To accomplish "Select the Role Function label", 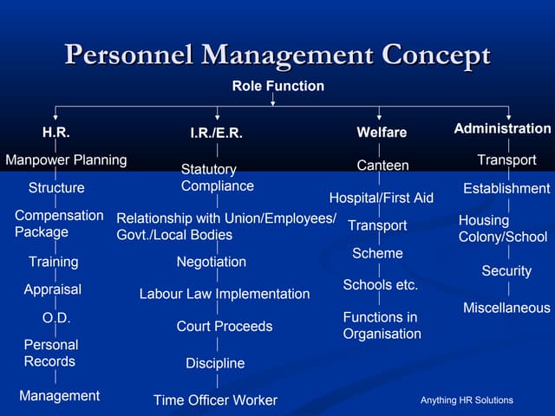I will pyautogui.click(x=277, y=86).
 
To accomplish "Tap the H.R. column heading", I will pyautogui.click(x=56, y=133).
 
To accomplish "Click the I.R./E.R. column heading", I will pyautogui.click(x=216, y=133).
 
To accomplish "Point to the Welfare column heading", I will pyautogui.click(x=382, y=133).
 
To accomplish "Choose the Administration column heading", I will pyautogui.click(x=502, y=128).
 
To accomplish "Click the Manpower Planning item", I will pyautogui.click(x=66, y=160).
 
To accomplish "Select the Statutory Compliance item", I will pyautogui.click(x=217, y=178).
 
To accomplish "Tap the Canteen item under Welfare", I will pyautogui.click(x=382, y=165).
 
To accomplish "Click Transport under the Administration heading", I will pyautogui.click(x=506, y=160).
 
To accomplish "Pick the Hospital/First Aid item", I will pyautogui.click(x=381, y=198).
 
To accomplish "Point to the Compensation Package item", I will pyautogui.click(x=59, y=224).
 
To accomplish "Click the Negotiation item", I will pyautogui.click(x=211, y=262).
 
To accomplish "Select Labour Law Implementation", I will pyautogui.click(x=224, y=294).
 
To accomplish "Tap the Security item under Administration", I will pyautogui.click(x=506, y=271).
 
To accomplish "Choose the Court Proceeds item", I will pyautogui.click(x=224, y=327).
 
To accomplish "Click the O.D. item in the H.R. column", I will pyautogui.click(x=56, y=318).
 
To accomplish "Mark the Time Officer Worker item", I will pyautogui.click(x=215, y=400).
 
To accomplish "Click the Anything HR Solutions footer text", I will pyautogui.click(x=467, y=400).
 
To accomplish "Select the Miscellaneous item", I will pyautogui.click(x=506, y=308).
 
